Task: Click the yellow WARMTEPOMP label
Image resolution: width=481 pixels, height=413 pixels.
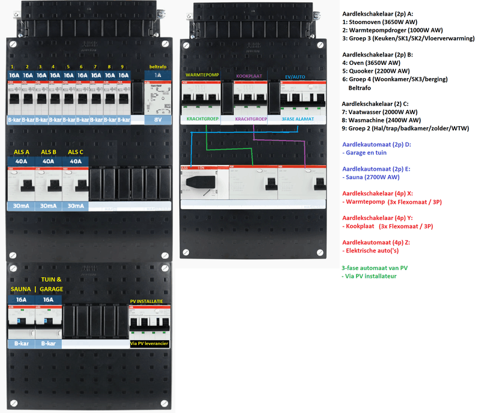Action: coord(203,75)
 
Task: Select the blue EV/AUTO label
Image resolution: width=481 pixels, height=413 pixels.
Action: coord(295,77)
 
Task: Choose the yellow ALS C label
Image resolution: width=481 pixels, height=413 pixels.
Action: coord(76,152)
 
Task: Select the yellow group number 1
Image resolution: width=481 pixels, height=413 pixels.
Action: coord(13,66)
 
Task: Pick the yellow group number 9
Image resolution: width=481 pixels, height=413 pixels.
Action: coord(123,66)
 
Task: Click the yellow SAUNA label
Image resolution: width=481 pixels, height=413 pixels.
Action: coord(20,289)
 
